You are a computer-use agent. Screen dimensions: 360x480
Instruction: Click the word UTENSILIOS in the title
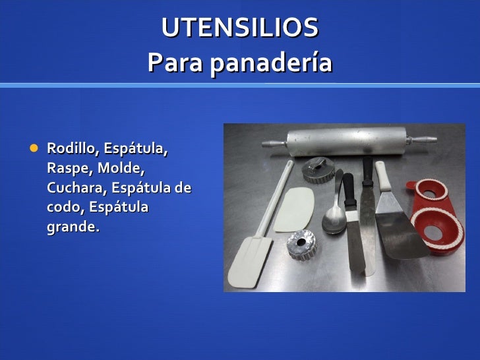240,28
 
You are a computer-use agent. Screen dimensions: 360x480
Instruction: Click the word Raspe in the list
65,168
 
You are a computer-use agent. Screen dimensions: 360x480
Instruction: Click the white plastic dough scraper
295,209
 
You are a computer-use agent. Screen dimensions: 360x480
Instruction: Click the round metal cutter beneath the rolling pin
319,170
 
